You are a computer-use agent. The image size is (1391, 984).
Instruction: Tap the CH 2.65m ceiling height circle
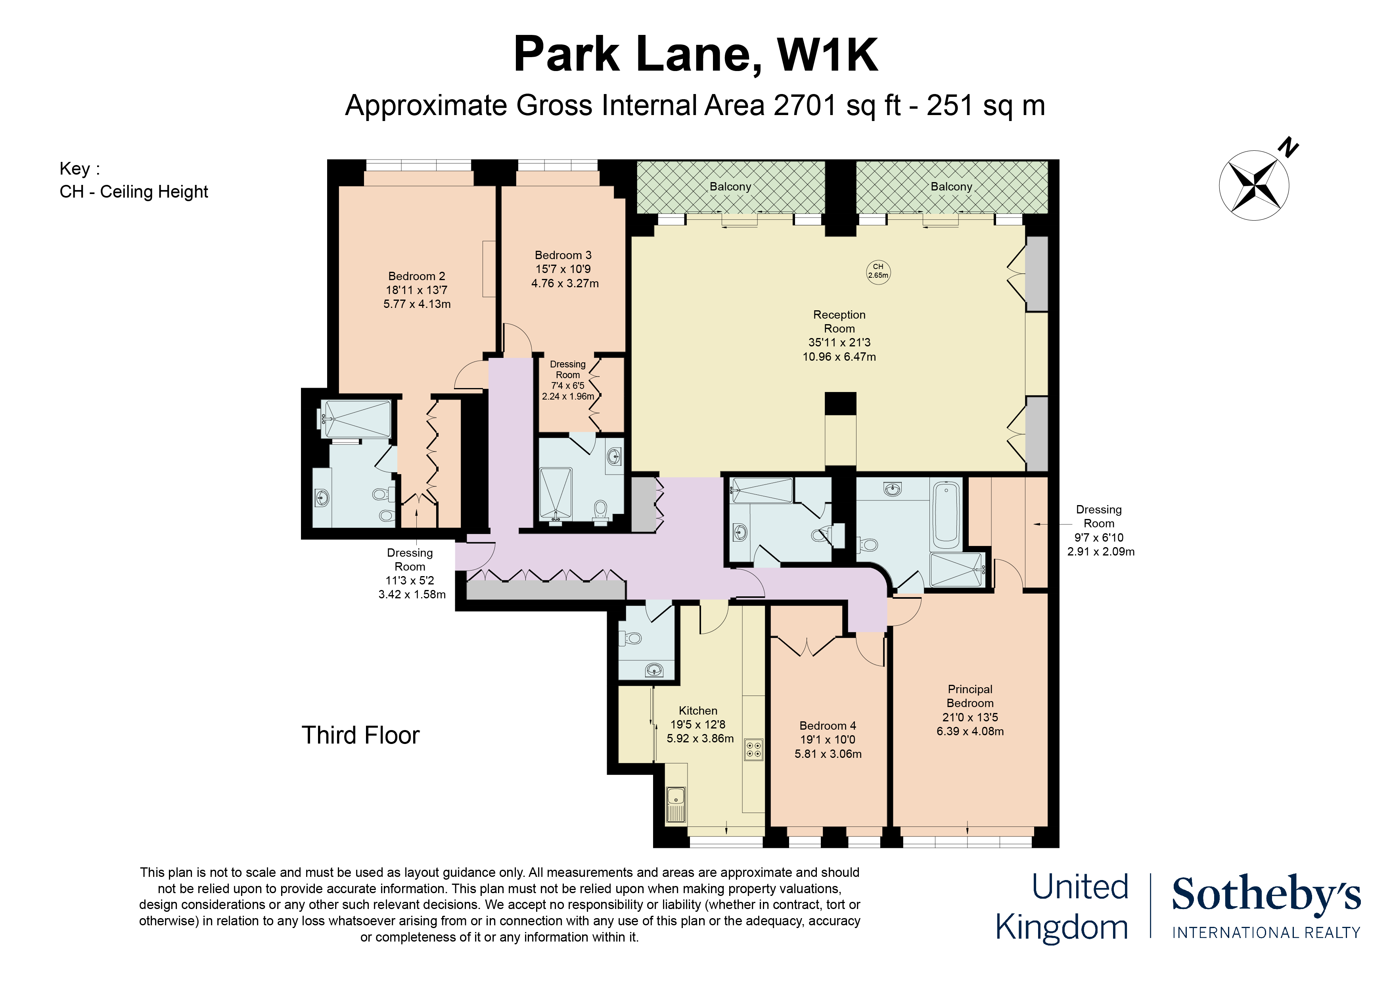click(x=878, y=271)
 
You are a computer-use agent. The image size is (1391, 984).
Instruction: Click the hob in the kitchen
click(x=754, y=750)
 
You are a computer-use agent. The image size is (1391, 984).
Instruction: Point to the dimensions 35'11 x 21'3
click(x=839, y=342)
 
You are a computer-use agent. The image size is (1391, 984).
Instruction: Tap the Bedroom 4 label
click(x=828, y=726)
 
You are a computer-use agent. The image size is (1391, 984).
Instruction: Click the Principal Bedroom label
click(x=970, y=696)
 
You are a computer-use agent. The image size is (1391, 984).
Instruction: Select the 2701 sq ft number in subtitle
click(x=806, y=106)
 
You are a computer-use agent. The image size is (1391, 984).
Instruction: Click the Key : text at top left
click(x=79, y=169)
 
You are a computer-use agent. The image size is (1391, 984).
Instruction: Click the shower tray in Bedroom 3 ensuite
click(x=556, y=494)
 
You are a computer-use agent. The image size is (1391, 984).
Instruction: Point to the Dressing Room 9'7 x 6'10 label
click(x=1099, y=530)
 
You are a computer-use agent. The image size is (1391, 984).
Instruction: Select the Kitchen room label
click(x=698, y=711)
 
